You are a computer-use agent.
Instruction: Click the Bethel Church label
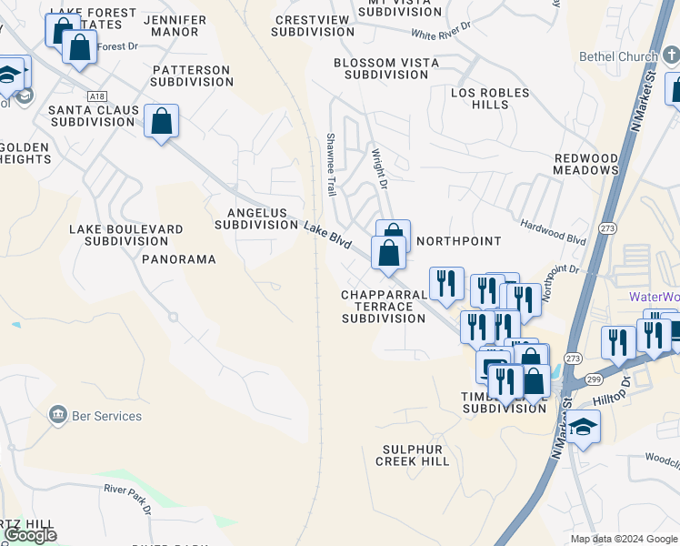pyautogui.click(x=618, y=56)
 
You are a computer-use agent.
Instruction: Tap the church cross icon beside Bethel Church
pyautogui.click(x=669, y=56)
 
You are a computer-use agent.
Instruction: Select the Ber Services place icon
pyautogui.click(x=57, y=416)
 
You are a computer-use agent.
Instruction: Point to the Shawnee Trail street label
pyautogui.click(x=331, y=165)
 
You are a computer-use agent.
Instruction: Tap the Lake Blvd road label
pyautogui.click(x=327, y=235)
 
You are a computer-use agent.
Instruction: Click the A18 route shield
pyautogui.click(x=97, y=95)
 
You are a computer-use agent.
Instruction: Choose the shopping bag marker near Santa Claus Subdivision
pyautogui.click(x=161, y=121)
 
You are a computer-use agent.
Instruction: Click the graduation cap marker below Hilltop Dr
pyautogui.click(x=583, y=426)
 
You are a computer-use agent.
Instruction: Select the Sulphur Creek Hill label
pyautogui.click(x=412, y=455)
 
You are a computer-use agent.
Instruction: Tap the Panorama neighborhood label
pyautogui.click(x=179, y=259)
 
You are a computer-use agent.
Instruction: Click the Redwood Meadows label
pyautogui.click(x=586, y=164)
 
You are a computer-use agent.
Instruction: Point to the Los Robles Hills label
pyautogui.click(x=480, y=98)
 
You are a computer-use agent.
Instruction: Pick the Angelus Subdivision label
pyautogui.click(x=251, y=218)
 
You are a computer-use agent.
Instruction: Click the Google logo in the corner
pyautogui.click(x=30, y=535)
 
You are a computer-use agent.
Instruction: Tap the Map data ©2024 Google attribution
pyautogui.click(x=624, y=539)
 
